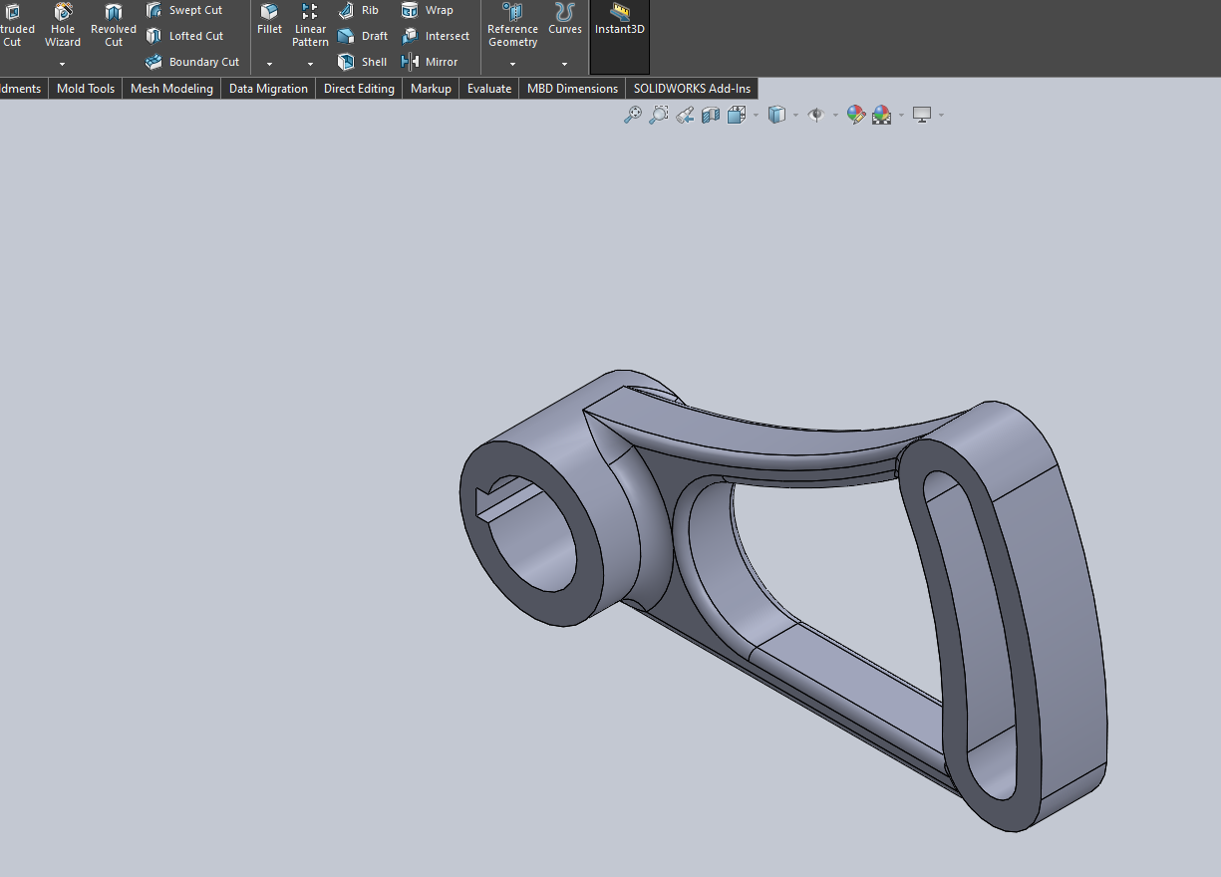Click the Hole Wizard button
[63, 24]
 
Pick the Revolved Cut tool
[114, 24]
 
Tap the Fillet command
[269, 20]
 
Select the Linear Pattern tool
[310, 24]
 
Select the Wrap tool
[428, 10]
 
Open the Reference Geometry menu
[512, 24]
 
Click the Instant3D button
[620, 20]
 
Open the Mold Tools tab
[86, 89]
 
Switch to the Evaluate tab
[489, 89]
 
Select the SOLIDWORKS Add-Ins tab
[692, 89]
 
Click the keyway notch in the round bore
[488, 501]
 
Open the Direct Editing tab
[359, 89]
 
